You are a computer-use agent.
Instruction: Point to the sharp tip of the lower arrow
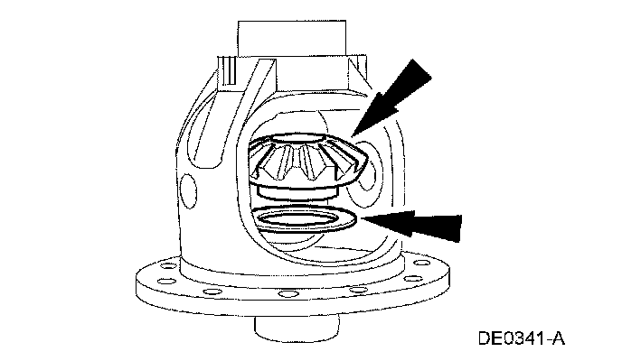(x=362, y=218)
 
